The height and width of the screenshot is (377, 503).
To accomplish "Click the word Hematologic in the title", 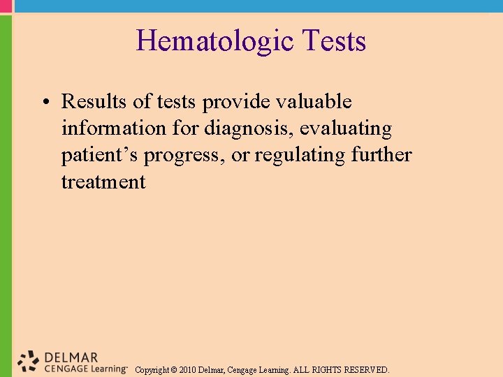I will [214, 41].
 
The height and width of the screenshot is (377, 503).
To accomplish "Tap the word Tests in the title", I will [335, 41].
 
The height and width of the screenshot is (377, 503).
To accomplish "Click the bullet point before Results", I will [44, 103].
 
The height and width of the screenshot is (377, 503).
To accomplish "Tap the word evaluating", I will [346, 128].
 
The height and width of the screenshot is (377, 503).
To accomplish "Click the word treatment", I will [103, 182].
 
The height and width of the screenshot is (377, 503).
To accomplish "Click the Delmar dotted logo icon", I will [29, 360].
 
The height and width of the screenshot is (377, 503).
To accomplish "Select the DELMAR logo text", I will [71, 357].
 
